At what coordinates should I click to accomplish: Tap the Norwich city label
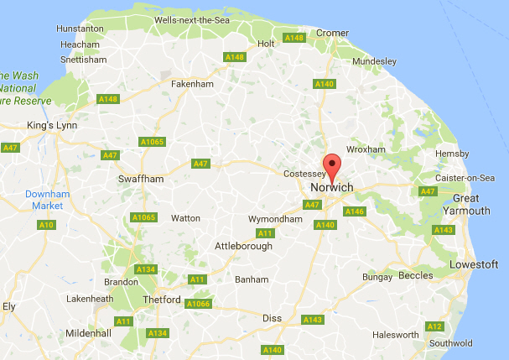pyautogui.click(x=332, y=186)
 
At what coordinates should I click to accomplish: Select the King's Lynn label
pyautogui.click(x=52, y=126)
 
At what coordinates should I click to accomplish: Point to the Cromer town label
pyautogui.click(x=332, y=33)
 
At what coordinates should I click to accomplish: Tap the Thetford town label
pyautogui.click(x=161, y=300)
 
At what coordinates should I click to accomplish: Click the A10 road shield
pyautogui.click(x=47, y=225)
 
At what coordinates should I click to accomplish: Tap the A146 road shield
pyautogui.click(x=354, y=211)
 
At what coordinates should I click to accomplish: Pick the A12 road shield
pyautogui.click(x=434, y=326)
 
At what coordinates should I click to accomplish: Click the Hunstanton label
pyautogui.click(x=80, y=29)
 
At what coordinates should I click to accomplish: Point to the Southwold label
pyautogui.click(x=450, y=342)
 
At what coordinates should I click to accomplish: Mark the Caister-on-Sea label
pyautogui.click(x=466, y=178)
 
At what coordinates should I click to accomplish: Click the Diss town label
pyautogui.click(x=272, y=318)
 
